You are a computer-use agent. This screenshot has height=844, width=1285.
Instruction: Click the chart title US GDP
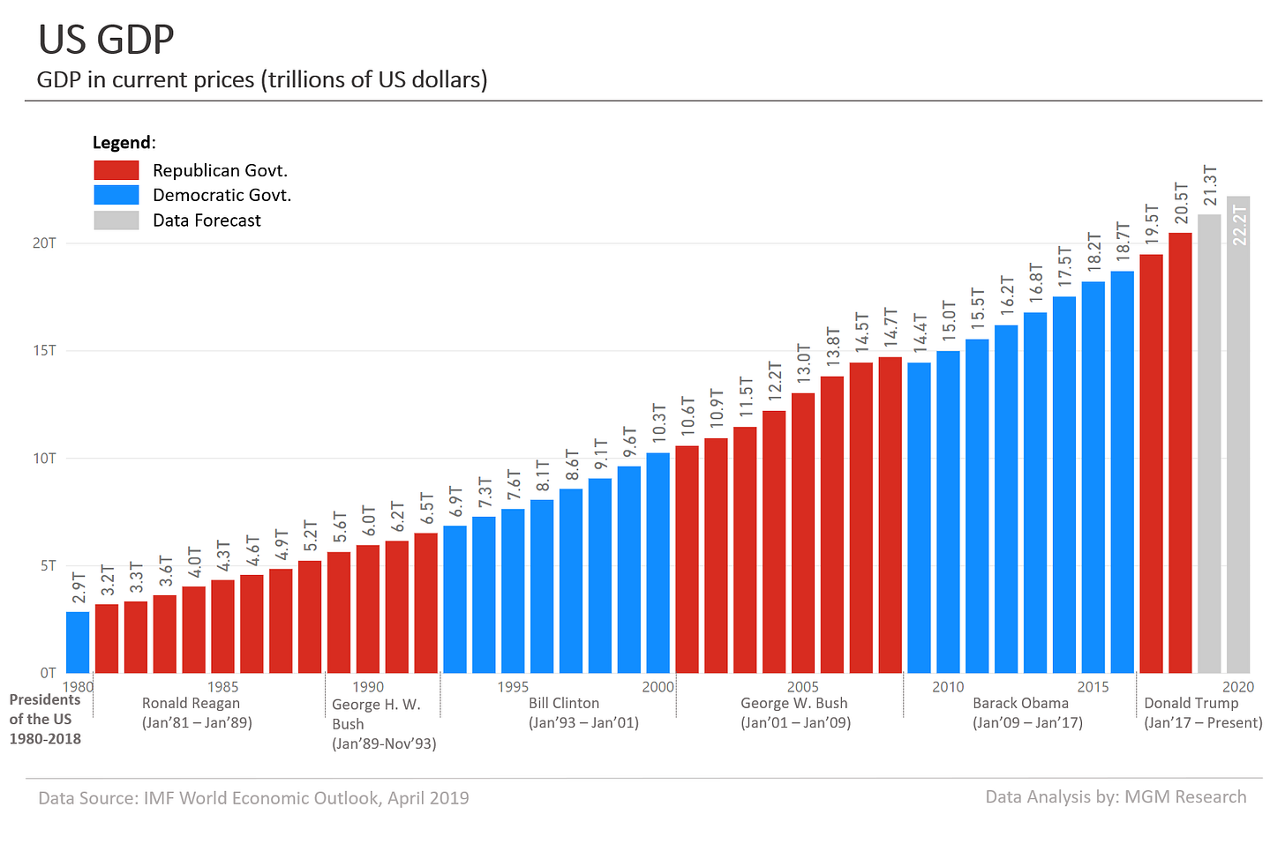point(106,40)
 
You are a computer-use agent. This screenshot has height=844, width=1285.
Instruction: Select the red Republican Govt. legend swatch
point(116,170)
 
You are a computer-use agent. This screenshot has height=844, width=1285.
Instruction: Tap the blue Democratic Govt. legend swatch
point(116,195)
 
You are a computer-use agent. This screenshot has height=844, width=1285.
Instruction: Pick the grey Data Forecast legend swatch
point(116,220)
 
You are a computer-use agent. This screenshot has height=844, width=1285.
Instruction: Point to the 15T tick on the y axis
point(45,351)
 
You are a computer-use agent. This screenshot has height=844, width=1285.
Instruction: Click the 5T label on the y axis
point(48,565)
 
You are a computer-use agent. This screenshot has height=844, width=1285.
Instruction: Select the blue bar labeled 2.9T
point(78,642)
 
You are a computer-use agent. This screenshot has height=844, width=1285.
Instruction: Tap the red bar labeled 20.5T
point(1180,452)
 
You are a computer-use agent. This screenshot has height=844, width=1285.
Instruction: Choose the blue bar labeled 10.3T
point(658,563)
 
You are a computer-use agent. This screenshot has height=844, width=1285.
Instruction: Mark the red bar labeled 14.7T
point(890,515)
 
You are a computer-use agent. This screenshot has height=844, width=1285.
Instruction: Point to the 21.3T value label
point(1210,185)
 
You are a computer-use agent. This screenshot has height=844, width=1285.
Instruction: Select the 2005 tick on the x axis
point(802,687)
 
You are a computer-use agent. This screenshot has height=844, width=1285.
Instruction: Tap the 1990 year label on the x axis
point(368,687)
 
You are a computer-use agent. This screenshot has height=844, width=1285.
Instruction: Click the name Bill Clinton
point(564,704)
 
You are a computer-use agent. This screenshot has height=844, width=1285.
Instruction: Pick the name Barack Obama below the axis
point(1020,704)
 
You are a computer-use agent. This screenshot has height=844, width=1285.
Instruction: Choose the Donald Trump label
point(1191,704)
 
